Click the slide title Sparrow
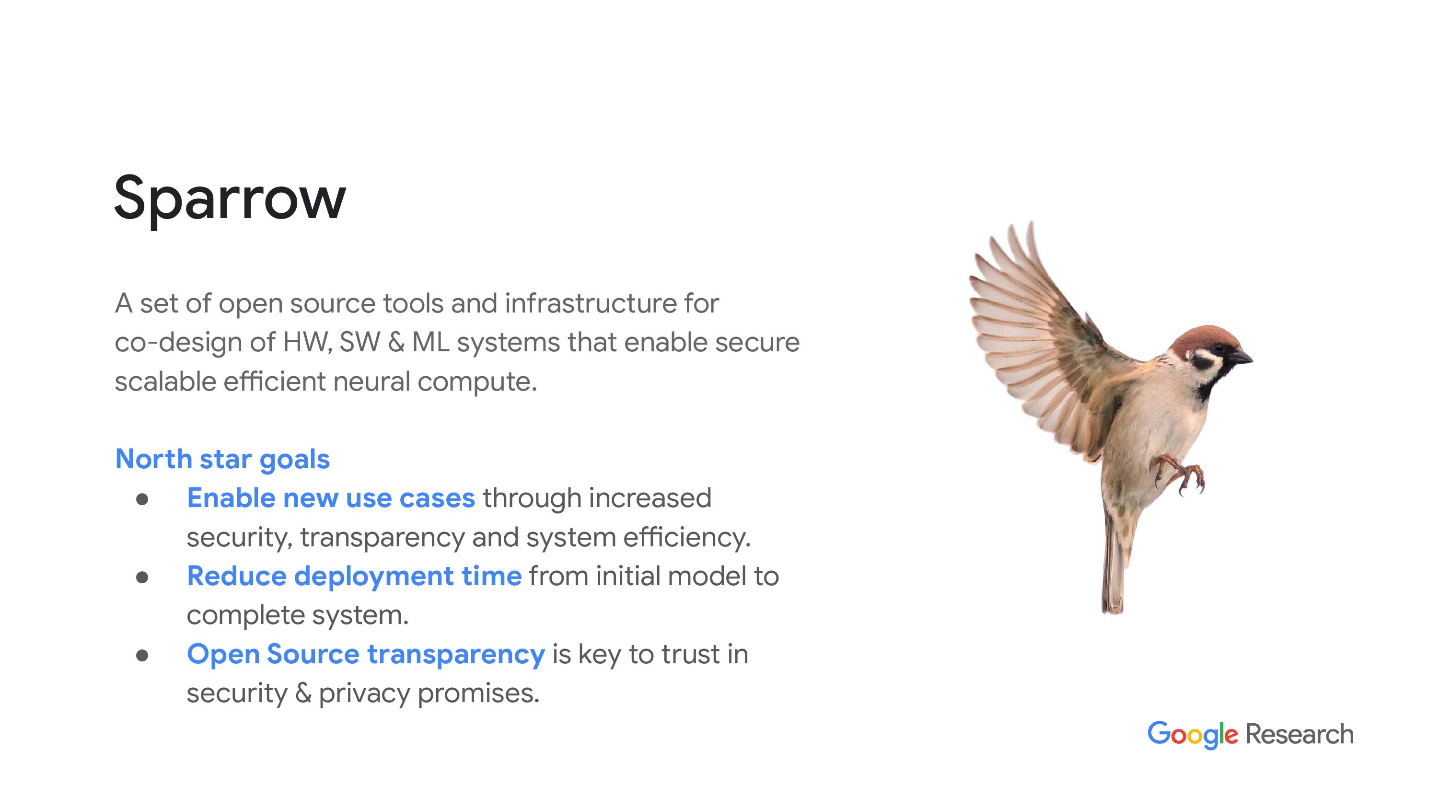230,200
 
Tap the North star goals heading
222,460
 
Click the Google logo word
1193,734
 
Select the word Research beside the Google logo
1299,734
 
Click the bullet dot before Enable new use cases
142,499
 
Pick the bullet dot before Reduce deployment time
142,578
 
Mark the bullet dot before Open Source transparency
142,656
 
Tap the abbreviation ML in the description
430,343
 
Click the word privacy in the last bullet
364,694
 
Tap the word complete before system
245,616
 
